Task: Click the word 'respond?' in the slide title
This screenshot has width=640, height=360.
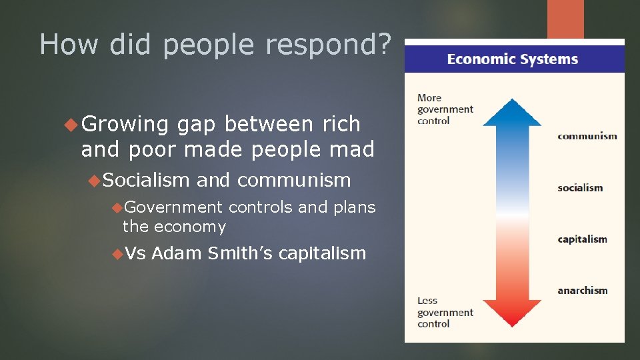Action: coord(327,45)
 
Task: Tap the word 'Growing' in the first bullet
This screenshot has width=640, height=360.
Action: coord(126,124)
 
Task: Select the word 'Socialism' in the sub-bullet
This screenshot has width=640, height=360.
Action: coord(147,180)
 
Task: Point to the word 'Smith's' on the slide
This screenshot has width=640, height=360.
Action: coord(240,253)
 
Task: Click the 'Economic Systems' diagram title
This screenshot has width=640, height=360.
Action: coord(513,59)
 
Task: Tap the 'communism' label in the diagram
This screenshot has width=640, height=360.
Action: coord(587,136)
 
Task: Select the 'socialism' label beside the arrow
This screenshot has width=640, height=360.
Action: coord(580,188)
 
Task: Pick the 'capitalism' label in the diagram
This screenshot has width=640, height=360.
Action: coord(583,239)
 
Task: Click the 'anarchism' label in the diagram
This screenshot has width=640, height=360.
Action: coord(583,291)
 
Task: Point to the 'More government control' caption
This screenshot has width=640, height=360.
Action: coord(445,109)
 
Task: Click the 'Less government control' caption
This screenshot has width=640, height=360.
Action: coord(445,312)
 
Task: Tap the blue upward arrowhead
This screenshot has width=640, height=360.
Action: coord(512,112)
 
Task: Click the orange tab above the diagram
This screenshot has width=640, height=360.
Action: coord(565,19)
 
